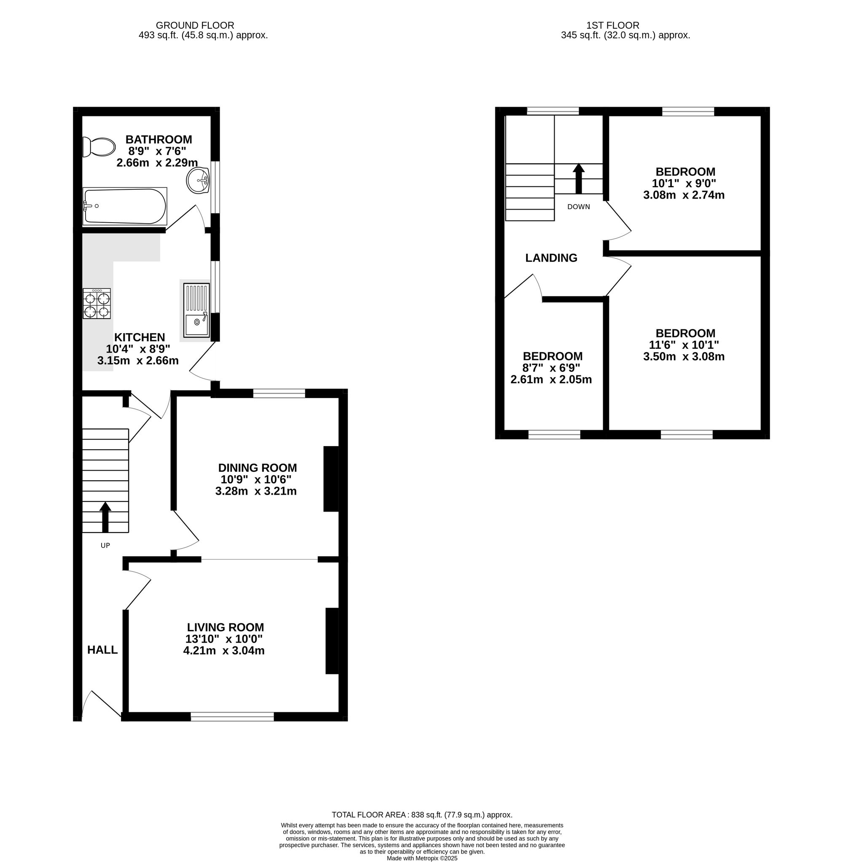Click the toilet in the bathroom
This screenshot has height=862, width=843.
click(99, 147)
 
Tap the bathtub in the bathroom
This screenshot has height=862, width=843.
click(125, 206)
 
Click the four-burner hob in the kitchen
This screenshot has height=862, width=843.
click(97, 304)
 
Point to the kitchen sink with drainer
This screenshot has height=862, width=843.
click(196, 310)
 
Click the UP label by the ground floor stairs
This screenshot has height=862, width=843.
click(105, 546)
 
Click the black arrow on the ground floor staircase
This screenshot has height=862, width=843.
click(105, 517)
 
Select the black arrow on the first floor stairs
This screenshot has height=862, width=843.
click(579, 179)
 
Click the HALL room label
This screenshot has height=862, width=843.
click(102, 650)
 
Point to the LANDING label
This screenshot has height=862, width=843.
click(551, 258)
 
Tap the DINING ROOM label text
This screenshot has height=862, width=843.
click(257, 468)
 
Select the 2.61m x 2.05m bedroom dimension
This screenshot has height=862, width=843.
click(551, 380)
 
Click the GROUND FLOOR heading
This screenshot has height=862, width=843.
click(195, 26)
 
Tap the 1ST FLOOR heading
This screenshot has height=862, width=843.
click(613, 26)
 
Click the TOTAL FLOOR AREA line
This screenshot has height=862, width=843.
click(422, 815)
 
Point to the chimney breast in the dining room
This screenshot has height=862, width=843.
click(331, 479)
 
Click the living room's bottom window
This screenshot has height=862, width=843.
click(232, 716)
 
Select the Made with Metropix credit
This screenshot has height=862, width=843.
click(422, 858)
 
